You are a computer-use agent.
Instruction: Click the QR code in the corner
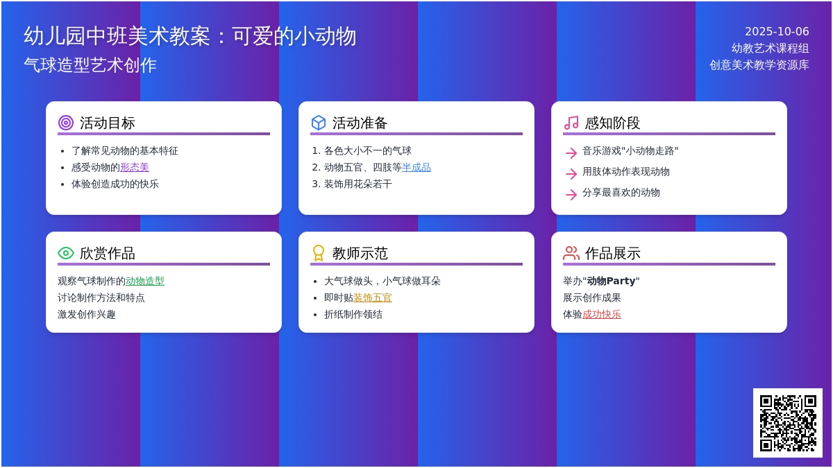click(788, 423)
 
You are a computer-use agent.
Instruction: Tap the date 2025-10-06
click(777, 32)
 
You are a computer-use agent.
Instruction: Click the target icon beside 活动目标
click(66, 123)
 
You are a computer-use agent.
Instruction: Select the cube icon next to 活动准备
click(319, 123)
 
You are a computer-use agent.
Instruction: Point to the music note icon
click(571, 123)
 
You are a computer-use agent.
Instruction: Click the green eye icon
click(66, 253)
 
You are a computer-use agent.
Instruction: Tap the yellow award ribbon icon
click(319, 253)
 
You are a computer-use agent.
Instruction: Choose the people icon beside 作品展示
click(571, 253)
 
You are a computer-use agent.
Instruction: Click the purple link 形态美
click(135, 168)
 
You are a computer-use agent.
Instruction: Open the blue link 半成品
click(416, 168)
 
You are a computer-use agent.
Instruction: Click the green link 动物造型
click(145, 281)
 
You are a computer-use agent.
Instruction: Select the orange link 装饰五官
click(373, 298)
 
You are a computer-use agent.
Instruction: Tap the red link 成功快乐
click(602, 315)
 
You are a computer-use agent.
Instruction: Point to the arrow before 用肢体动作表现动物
click(571, 173)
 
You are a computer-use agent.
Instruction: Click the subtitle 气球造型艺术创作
click(90, 65)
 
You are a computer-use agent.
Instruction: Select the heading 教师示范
click(360, 253)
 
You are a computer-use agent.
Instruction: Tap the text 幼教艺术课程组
click(770, 49)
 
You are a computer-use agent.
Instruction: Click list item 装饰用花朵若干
click(358, 184)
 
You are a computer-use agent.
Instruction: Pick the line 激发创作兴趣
click(87, 315)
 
